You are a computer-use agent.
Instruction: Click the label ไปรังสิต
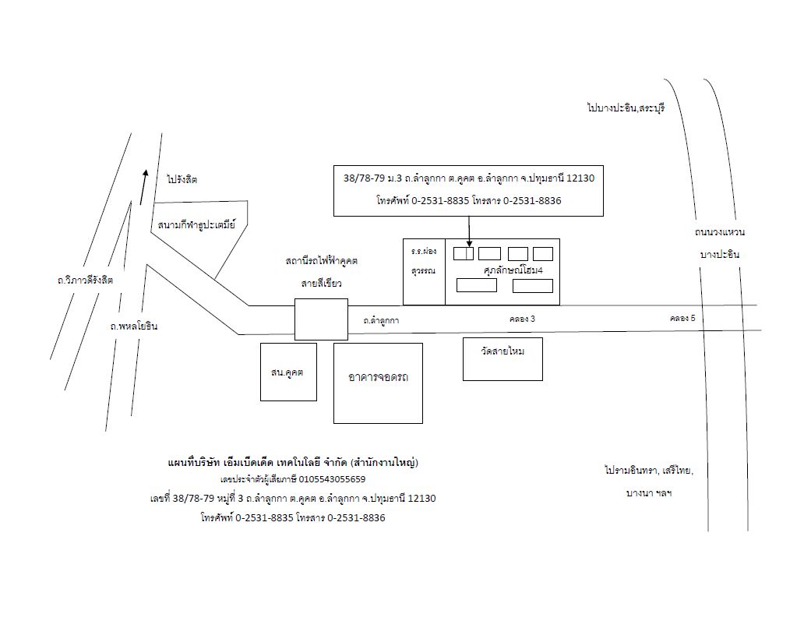(x=182, y=179)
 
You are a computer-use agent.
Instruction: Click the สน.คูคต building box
(x=288, y=372)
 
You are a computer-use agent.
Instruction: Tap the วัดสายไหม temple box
(x=503, y=351)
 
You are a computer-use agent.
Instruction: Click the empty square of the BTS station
(x=320, y=319)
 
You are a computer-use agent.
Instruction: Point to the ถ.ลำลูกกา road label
(x=382, y=320)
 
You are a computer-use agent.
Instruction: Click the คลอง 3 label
(x=522, y=319)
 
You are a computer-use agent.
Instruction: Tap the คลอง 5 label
(x=682, y=318)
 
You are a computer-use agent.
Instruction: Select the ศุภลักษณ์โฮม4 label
(x=513, y=270)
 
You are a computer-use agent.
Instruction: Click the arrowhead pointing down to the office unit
(x=469, y=242)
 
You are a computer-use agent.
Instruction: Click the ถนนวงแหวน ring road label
(x=720, y=232)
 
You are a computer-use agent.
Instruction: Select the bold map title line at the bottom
(x=294, y=462)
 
